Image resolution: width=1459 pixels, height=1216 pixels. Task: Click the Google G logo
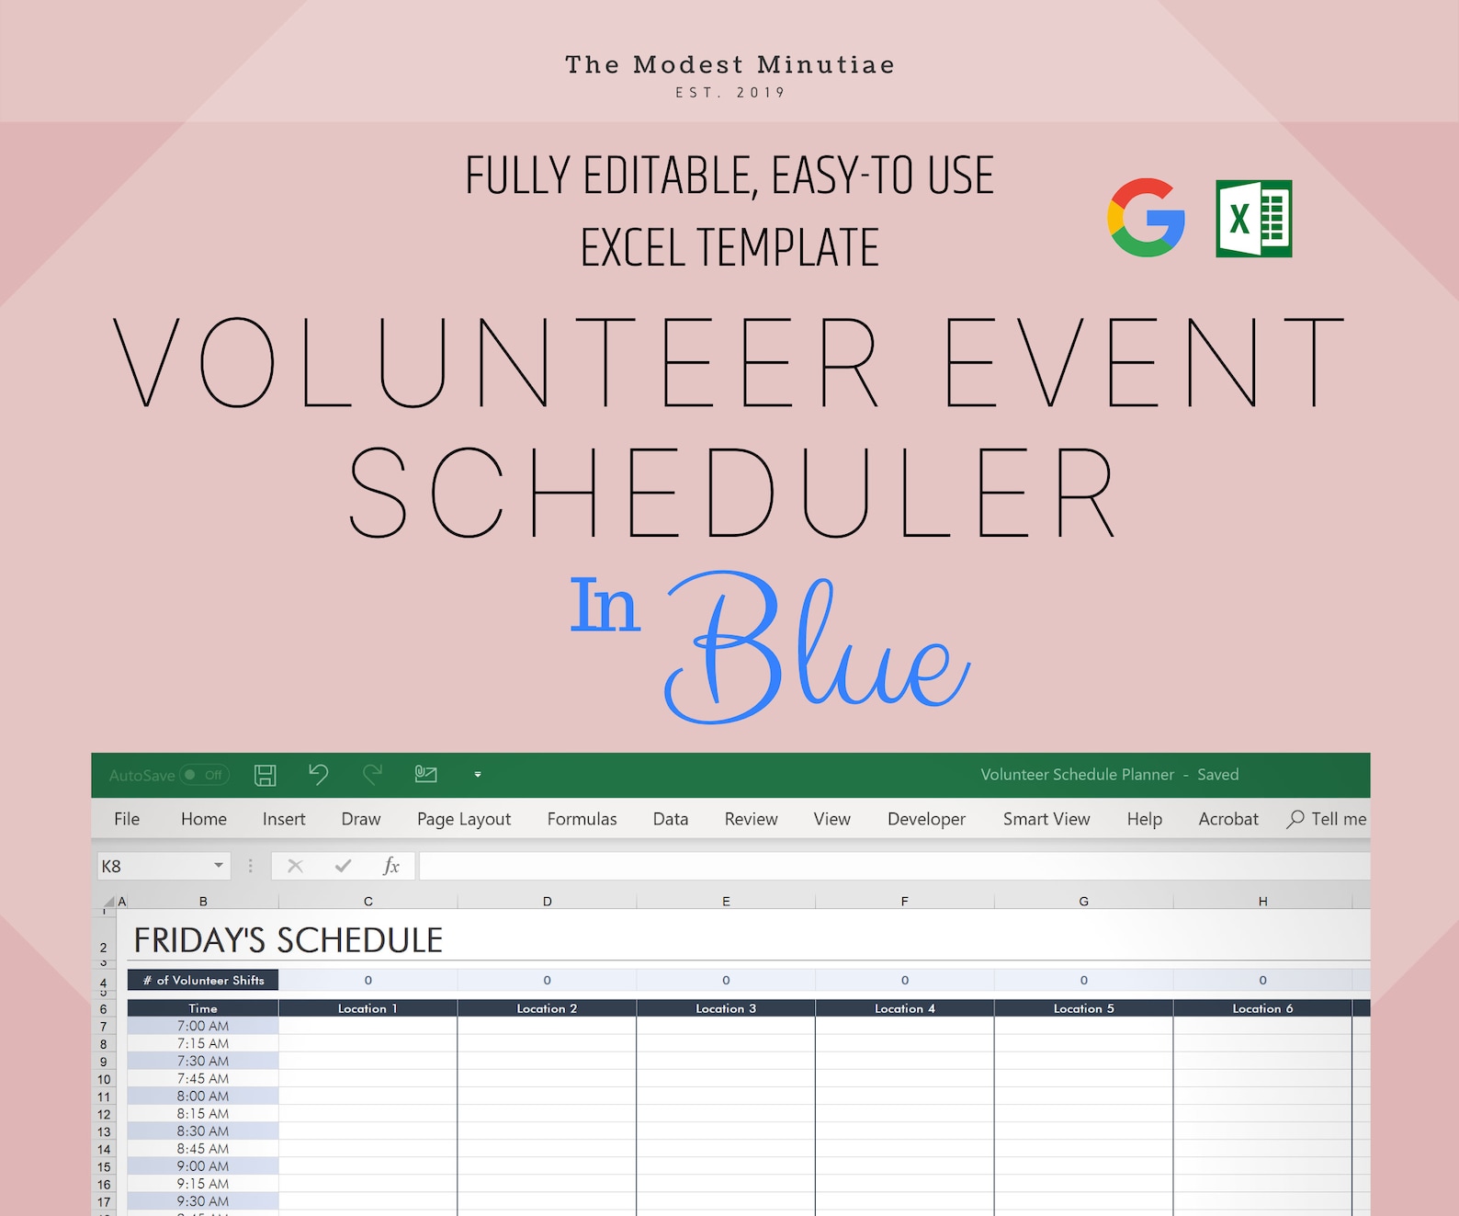coord(1146,218)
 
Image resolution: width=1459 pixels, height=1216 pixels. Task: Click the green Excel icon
coord(1253,218)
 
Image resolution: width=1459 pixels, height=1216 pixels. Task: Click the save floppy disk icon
coord(265,775)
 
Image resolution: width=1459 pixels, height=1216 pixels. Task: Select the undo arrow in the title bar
coord(319,774)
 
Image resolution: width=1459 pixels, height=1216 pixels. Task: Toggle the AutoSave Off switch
coord(204,775)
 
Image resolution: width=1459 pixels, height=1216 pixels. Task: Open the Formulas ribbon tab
coord(582,819)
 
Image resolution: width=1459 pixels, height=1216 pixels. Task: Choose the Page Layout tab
coord(463,820)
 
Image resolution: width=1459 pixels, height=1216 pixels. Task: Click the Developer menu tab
coord(926,820)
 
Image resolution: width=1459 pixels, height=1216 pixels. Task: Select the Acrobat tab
coord(1227,819)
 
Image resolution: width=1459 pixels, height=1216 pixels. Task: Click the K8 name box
coord(163,867)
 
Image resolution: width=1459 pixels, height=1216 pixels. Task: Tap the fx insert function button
coord(390,867)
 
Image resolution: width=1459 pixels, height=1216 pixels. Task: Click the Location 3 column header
coord(725,1008)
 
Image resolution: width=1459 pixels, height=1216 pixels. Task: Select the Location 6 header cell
coord(1262,1008)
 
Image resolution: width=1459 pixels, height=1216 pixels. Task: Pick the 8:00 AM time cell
coord(203,1096)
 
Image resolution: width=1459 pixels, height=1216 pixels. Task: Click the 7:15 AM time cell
coord(203,1043)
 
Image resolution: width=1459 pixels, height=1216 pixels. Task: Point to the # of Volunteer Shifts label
coord(203,981)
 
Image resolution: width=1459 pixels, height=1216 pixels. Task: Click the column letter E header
coord(726,902)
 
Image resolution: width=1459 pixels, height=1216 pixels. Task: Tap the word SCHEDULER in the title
coord(731,493)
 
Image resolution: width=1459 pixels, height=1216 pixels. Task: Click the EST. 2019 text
coord(730,93)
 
